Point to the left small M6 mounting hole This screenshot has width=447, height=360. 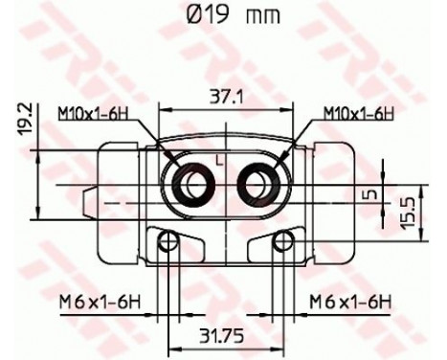coord(169,240)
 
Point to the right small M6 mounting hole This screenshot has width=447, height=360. coord(281,240)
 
